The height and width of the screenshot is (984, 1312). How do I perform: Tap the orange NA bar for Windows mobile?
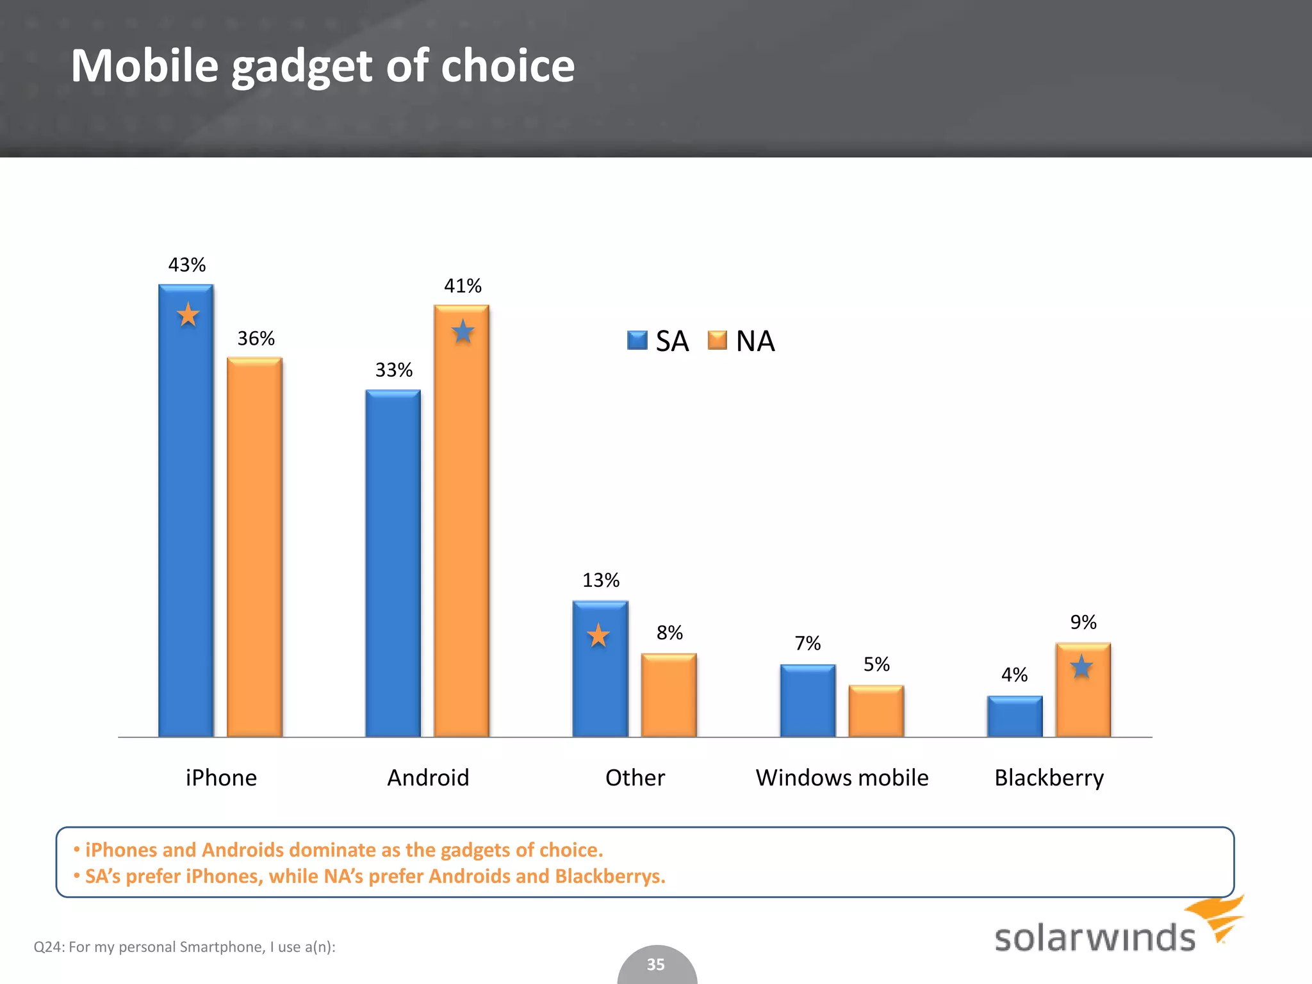(876, 711)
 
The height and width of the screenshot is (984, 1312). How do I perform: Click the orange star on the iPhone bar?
(188, 315)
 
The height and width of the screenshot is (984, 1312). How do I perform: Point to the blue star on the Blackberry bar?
(1081, 667)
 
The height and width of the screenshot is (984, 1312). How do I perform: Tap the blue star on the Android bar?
(463, 332)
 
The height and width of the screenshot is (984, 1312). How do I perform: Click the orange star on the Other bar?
(598, 635)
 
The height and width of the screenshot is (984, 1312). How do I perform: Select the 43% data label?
(187, 265)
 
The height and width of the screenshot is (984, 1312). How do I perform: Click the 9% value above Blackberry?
(1083, 622)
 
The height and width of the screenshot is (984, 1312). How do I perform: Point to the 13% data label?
(600, 580)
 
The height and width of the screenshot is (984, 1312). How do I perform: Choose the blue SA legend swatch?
(637, 340)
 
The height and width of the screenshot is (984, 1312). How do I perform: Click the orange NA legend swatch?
(717, 340)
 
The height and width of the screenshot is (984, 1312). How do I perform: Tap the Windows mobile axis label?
(842, 778)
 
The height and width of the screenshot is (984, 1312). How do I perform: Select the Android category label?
(428, 778)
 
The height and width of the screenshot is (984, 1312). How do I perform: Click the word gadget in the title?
(301, 67)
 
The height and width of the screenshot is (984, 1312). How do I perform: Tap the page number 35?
(655, 964)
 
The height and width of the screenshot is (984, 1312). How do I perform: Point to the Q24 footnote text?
(184, 947)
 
